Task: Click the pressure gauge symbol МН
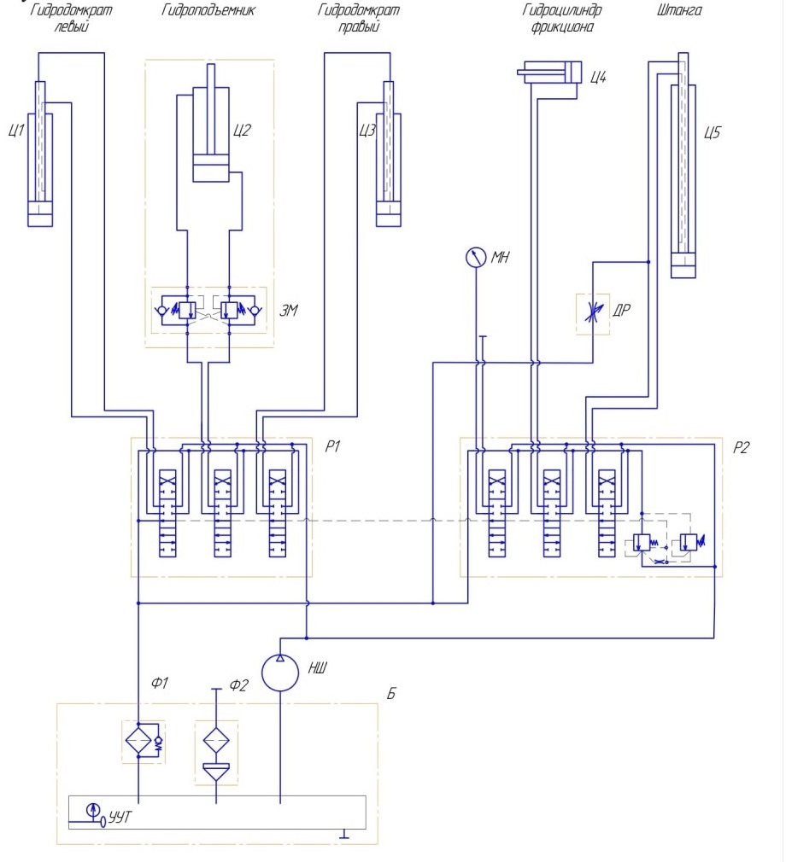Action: pyautogui.click(x=476, y=257)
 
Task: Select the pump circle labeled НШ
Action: pyautogui.click(x=280, y=673)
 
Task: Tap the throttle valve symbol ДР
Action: pyautogui.click(x=593, y=313)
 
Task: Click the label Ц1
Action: pyautogui.click(x=16, y=131)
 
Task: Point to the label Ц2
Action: pyautogui.click(x=242, y=131)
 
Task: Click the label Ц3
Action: pyautogui.click(x=367, y=131)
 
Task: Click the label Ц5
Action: pyautogui.click(x=712, y=132)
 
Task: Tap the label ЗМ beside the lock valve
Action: pyautogui.click(x=289, y=311)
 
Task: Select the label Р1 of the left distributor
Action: pyautogui.click(x=332, y=446)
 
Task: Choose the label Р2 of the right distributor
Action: pyautogui.click(x=741, y=447)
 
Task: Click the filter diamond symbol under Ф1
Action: pyautogui.click(x=138, y=741)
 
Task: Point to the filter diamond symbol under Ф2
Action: pyautogui.click(x=216, y=741)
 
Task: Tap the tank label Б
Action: pyautogui.click(x=390, y=693)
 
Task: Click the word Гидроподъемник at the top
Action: pyautogui.click(x=208, y=10)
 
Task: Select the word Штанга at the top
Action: pyautogui.click(x=679, y=10)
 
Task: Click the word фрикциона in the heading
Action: pyautogui.click(x=562, y=26)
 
